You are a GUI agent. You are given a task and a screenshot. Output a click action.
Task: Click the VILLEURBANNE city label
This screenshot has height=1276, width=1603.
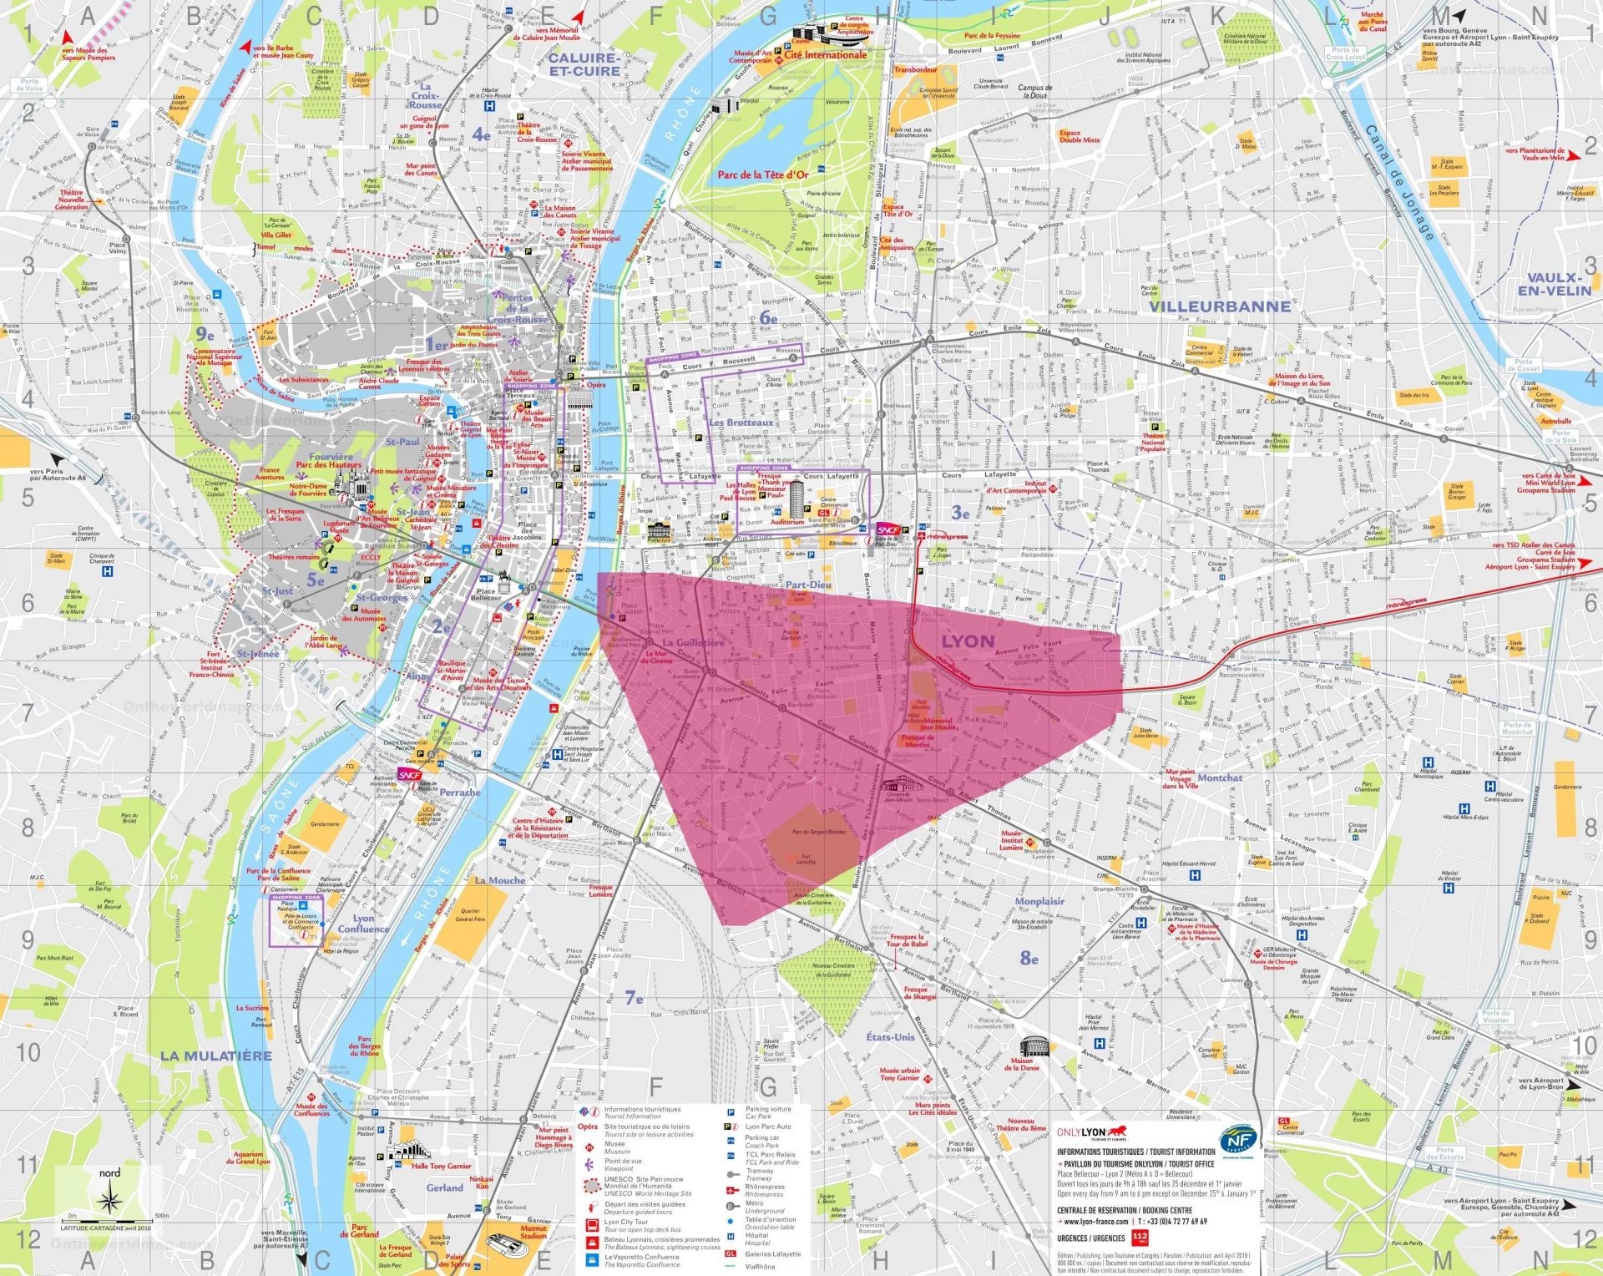[1219, 306]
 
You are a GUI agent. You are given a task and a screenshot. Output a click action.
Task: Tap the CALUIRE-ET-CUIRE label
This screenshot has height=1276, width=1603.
[584, 64]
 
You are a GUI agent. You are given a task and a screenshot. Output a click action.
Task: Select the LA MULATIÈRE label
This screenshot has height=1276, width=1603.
[216, 1056]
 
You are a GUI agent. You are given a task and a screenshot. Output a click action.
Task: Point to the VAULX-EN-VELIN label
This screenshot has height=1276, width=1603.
[1554, 284]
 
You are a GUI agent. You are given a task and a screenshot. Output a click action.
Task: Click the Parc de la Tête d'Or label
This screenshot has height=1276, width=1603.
[763, 175]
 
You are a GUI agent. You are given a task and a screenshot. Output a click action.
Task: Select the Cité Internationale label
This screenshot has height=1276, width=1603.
[825, 55]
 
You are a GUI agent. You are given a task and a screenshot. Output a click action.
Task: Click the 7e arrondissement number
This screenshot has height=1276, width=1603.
[635, 998]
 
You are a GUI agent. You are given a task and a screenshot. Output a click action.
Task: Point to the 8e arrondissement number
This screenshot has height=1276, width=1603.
[1029, 958]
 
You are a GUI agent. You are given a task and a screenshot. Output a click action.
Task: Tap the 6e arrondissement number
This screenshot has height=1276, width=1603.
[768, 318]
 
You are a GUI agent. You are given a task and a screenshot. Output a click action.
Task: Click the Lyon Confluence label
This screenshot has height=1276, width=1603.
[363, 924]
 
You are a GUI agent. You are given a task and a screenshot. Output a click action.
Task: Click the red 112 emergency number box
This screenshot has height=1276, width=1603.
[1140, 1238]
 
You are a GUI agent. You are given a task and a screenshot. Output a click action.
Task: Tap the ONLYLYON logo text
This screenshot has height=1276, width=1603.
[1081, 1132]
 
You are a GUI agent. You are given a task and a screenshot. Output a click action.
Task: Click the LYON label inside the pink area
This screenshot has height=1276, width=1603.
[968, 641]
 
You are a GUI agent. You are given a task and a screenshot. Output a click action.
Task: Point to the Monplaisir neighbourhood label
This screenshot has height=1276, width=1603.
[1039, 901]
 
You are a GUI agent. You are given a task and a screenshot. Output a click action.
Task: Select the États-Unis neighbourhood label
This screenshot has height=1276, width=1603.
[890, 1037]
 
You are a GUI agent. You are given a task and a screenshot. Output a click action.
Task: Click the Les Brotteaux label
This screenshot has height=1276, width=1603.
[741, 423]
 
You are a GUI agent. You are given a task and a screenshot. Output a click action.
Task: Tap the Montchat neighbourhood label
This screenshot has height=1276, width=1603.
[1220, 777]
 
